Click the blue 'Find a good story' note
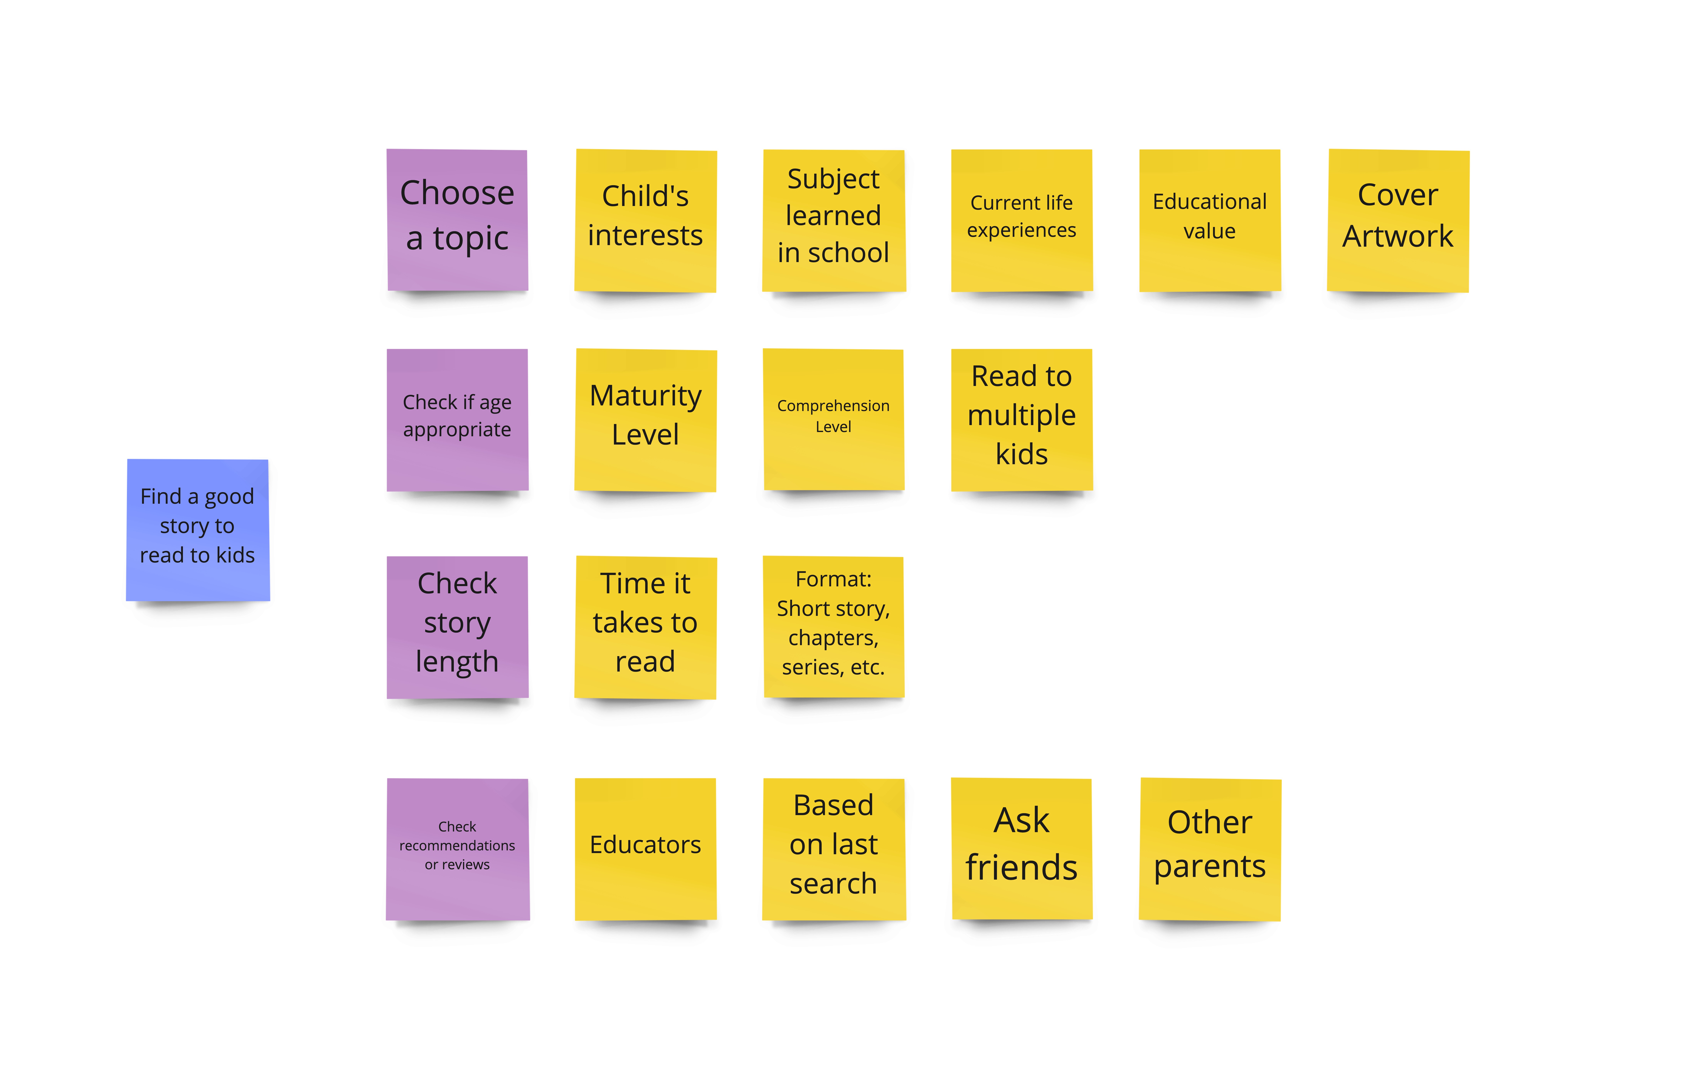point(197,530)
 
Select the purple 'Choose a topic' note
point(457,220)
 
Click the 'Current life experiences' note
point(1022,220)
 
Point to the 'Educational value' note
point(1210,220)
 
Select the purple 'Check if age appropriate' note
point(457,420)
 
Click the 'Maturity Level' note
point(645,420)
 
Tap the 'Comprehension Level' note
point(833,420)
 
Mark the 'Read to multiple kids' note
point(1022,420)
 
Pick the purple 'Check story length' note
point(457,627)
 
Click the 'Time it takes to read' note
point(645,627)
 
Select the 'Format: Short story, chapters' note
point(833,627)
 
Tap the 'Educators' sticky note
point(645,850)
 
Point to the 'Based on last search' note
point(833,850)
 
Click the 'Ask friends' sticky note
point(1022,849)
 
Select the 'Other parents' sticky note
point(1210,850)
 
